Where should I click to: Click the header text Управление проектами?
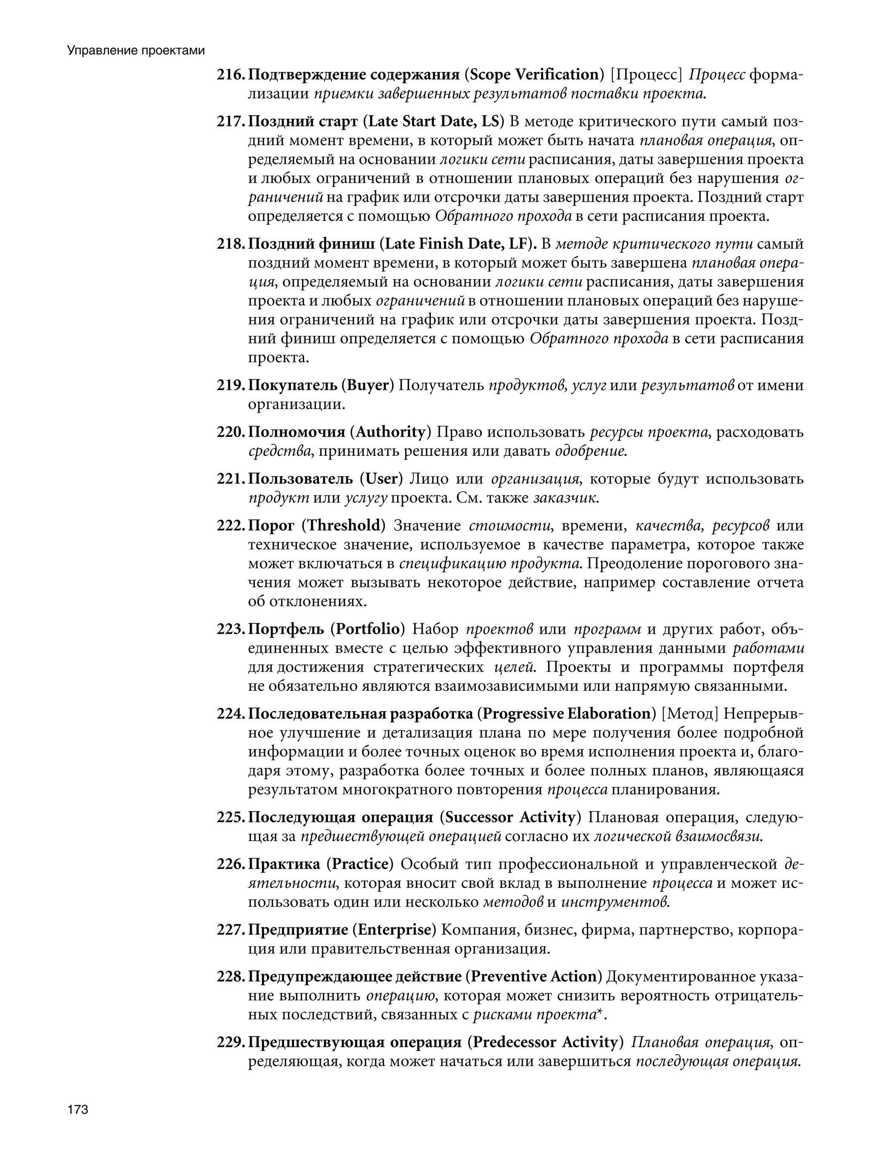tap(135, 51)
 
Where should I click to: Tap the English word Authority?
tap(390, 432)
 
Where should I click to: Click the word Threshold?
tap(343, 526)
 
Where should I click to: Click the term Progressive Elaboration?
tap(566, 714)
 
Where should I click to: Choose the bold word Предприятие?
tap(298, 930)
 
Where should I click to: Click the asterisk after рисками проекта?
tap(598, 1015)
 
